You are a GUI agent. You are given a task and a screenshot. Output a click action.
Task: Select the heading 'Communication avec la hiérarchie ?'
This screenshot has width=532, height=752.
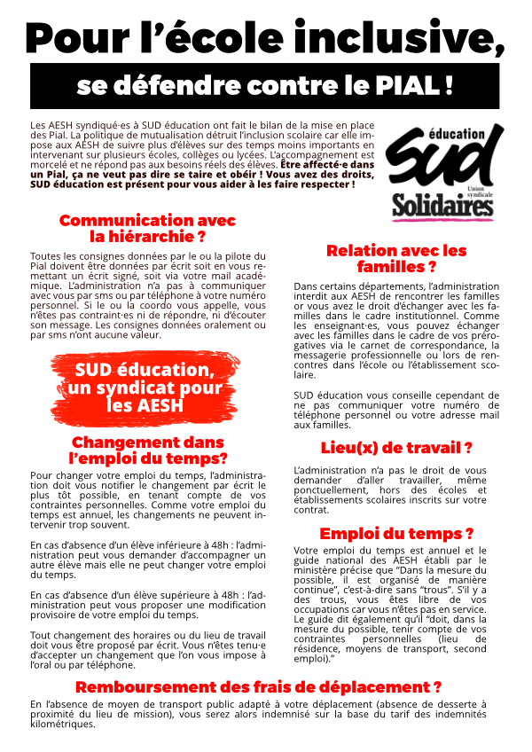(147, 228)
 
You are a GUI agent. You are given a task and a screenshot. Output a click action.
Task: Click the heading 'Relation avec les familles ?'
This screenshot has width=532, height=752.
(396, 258)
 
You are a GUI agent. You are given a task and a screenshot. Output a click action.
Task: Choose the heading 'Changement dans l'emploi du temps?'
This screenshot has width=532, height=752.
(147, 450)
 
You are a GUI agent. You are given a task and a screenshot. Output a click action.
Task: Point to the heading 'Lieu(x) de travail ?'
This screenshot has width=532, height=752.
(396, 448)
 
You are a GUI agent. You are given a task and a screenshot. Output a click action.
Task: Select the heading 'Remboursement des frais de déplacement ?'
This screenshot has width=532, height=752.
(258, 686)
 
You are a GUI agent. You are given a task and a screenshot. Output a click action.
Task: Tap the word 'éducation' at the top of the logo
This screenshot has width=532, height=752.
(461, 132)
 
